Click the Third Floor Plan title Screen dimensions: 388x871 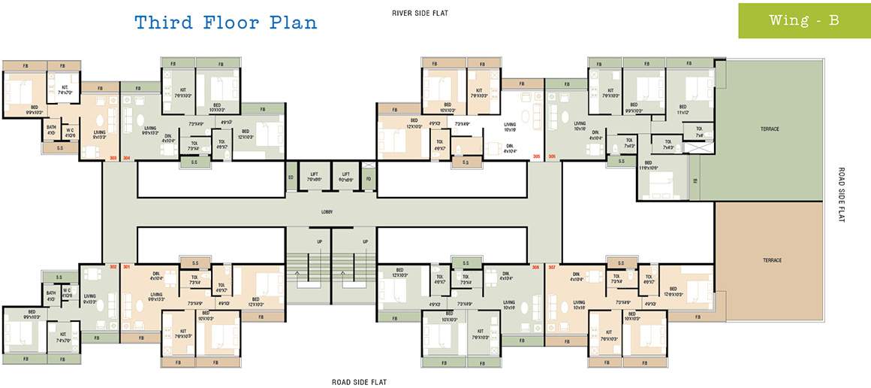226,23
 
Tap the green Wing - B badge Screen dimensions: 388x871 803,21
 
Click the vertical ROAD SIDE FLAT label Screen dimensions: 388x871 842,195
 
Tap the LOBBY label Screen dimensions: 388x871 327,212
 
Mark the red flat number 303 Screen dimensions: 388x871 113,158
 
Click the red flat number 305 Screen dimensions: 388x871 536,156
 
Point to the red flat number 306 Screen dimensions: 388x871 552,156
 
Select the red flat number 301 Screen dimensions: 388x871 126,266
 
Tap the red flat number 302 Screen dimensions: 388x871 113,266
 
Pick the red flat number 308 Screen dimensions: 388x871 536,267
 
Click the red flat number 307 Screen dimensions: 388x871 552,267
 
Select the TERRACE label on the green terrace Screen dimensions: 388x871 770,129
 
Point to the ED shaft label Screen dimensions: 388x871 291,178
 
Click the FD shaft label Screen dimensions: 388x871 368,178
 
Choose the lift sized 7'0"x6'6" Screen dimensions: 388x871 315,178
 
